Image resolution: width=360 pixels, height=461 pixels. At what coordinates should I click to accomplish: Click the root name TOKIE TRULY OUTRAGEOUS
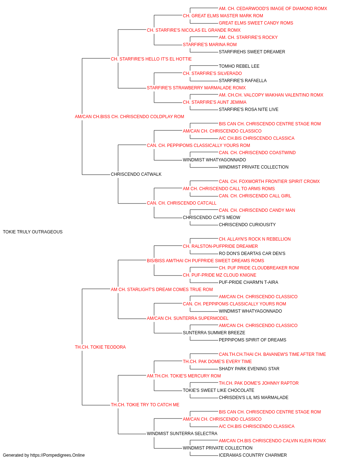tap(33, 232)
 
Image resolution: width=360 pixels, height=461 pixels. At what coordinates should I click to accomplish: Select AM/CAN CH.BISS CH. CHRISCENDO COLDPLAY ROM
tap(129, 117)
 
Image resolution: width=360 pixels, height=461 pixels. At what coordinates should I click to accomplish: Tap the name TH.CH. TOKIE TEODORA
tap(100, 347)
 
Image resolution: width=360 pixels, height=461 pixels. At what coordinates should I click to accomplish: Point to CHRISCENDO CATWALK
tap(136, 174)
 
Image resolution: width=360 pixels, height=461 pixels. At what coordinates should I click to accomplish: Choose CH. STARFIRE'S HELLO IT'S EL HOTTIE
tap(151, 59)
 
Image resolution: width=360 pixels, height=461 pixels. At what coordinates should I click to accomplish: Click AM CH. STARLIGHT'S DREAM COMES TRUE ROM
tap(162, 289)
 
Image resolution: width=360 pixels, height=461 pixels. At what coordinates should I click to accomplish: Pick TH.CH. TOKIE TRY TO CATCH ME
tap(145, 405)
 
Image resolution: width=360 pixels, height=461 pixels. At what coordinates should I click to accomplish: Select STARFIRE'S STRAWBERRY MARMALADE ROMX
tap(196, 88)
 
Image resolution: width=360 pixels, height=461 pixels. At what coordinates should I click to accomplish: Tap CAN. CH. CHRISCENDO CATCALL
tap(181, 203)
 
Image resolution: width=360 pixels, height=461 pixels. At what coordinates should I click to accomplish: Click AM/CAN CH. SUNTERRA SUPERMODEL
tap(188, 318)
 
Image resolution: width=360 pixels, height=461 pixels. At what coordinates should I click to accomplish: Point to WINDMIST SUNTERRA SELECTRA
tap(182, 433)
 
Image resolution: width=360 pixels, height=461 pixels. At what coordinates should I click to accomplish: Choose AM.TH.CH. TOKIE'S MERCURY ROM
tap(184, 376)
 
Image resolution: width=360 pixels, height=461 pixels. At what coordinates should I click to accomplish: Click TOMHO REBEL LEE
tap(239, 66)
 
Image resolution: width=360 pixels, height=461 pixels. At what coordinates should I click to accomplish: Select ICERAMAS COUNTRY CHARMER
tap(253, 455)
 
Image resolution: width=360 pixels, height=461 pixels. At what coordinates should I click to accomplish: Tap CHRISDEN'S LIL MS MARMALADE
tap(253, 398)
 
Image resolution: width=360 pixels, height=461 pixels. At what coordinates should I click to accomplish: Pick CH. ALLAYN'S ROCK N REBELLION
tap(255, 239)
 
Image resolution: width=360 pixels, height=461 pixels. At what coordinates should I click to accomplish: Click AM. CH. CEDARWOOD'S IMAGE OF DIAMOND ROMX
tap(273, 9)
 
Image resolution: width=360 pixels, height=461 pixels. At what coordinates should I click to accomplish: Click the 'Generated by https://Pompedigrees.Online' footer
tap(44, 455)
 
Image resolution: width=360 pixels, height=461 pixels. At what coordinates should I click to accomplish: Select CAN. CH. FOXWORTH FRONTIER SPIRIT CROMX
tap(269, 182)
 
